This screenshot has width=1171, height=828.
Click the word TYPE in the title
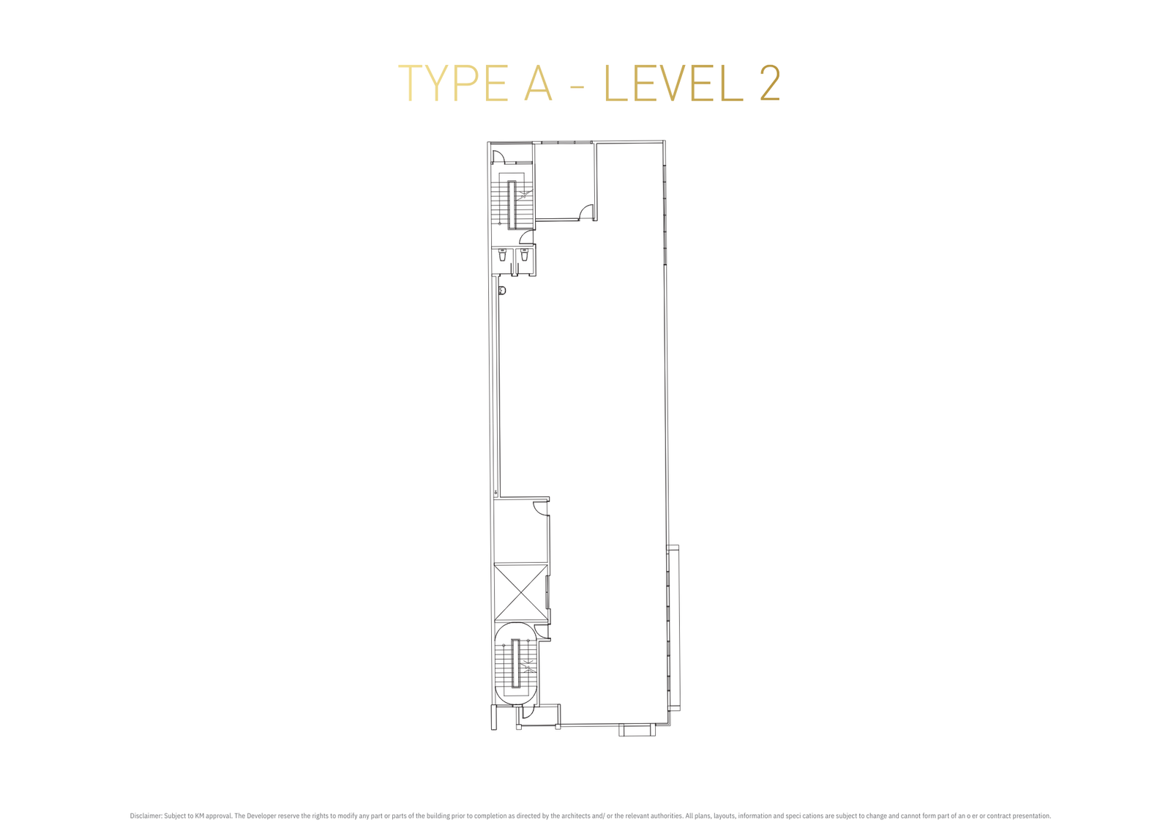tap(453, 83)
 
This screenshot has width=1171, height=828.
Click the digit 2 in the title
tap(770, 83)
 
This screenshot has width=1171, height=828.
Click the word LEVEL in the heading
tap(673, 83)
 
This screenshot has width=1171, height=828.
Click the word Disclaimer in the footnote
tap(146, 816)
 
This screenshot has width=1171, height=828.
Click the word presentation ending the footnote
tap(1030, 816)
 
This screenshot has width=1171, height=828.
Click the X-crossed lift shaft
tap(520, 592)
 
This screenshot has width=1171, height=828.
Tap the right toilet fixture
tap(524, 256)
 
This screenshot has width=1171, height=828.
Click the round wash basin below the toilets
tap(502, 291)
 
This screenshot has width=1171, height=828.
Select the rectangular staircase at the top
tap(512, 200)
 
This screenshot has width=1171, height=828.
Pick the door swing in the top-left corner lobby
tap(498, 157)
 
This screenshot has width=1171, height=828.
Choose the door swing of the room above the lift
tap(541, 508)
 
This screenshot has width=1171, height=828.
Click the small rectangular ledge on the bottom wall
tap(637, 730)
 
